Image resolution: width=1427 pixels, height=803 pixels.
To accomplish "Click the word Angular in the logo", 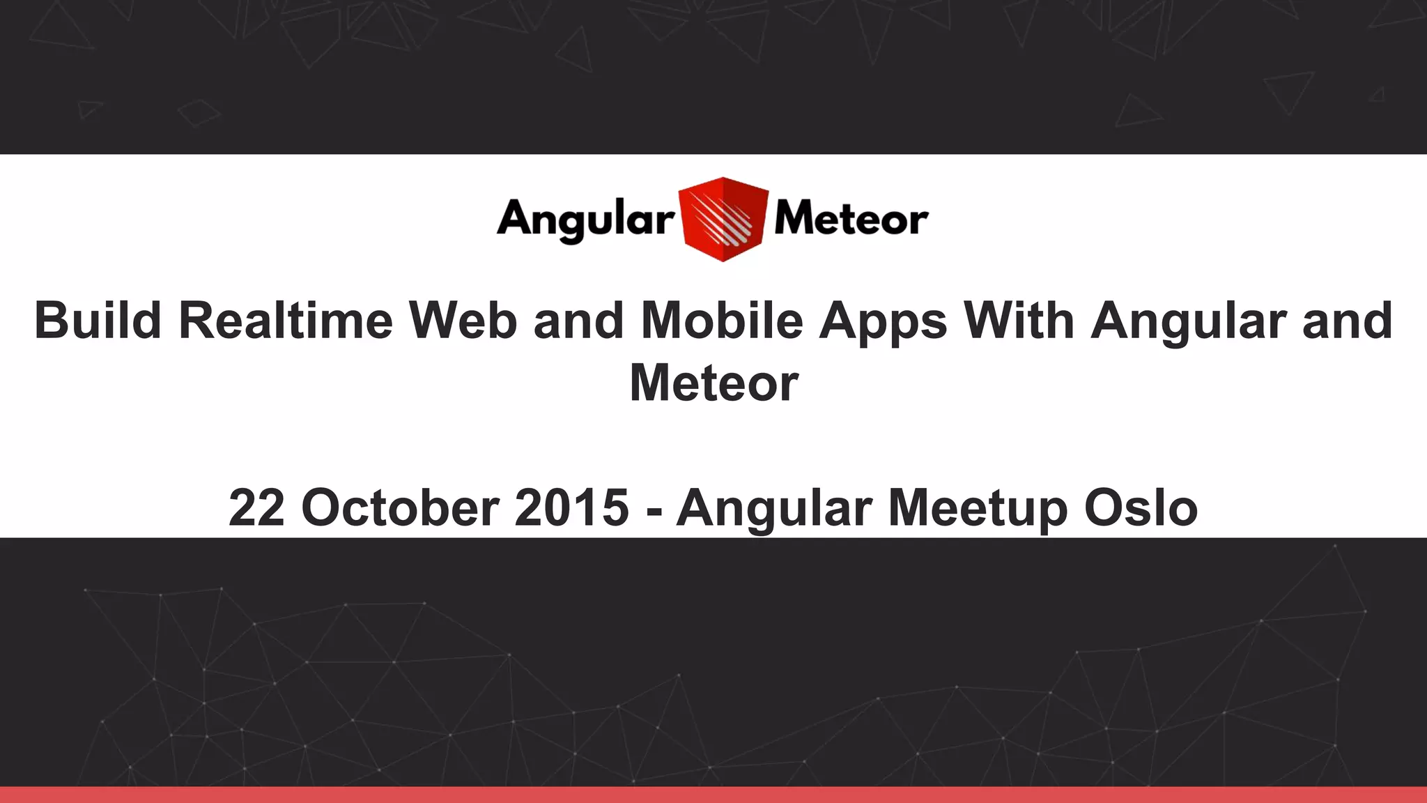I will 585,219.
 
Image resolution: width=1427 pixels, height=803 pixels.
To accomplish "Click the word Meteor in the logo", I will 851,219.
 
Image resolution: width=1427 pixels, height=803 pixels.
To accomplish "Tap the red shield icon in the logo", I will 723,219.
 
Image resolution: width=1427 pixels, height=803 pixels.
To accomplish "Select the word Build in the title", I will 98,321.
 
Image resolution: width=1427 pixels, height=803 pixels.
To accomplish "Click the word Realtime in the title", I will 286,321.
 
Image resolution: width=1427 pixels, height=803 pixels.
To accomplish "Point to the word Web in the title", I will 463,321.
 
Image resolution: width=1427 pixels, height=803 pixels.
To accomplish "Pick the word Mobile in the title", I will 721,321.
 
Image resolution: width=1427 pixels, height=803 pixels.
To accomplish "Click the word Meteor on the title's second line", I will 713,383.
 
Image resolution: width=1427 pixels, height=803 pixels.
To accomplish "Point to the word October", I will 400,507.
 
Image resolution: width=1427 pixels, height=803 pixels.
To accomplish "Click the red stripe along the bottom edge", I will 713,795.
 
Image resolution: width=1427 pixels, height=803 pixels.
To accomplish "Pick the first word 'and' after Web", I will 578,321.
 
